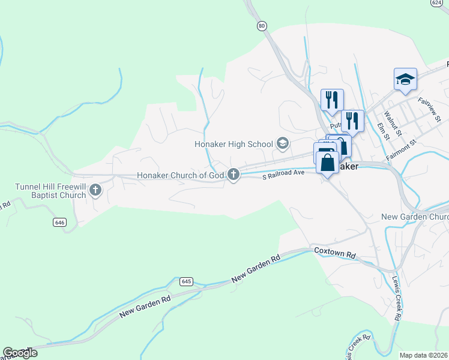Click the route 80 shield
click(261, 26)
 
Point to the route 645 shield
click(186, 281)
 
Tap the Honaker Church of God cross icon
click(234, 175)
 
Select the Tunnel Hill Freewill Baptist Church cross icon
click(95, 191)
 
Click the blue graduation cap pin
click(405, 79)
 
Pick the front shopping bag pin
click(327, 163)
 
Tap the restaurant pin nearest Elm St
click(352, 121)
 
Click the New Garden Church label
click(415, 217)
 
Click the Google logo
click(19, 352)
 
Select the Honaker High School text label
click(234, 144)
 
